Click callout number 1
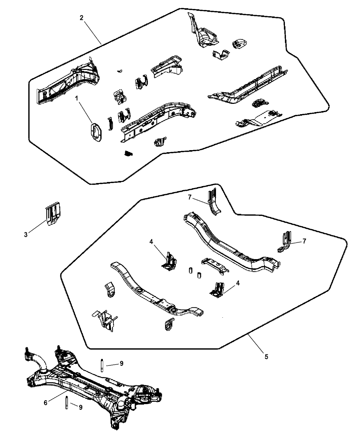pyautogui.click(x=77, y=98)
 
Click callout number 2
pyautogui.click(x=82, y=18)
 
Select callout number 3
pyautogui.click(x=26, y=235)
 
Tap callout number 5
pyautogui.click(x=266, y=357)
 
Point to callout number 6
pyautogui.click(x=46, y=403)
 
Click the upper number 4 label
pyautogui.click(x=151, y=242)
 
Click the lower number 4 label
pyautogui.click(x=238, y=283)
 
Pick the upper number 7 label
pyautogui.click(x=190, y=197)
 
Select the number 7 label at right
pyautogui.click(x=304, y=241)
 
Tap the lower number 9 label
pyautogui.click(x=81, y=407)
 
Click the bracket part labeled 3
pyautogui.click(x=53, y=214)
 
